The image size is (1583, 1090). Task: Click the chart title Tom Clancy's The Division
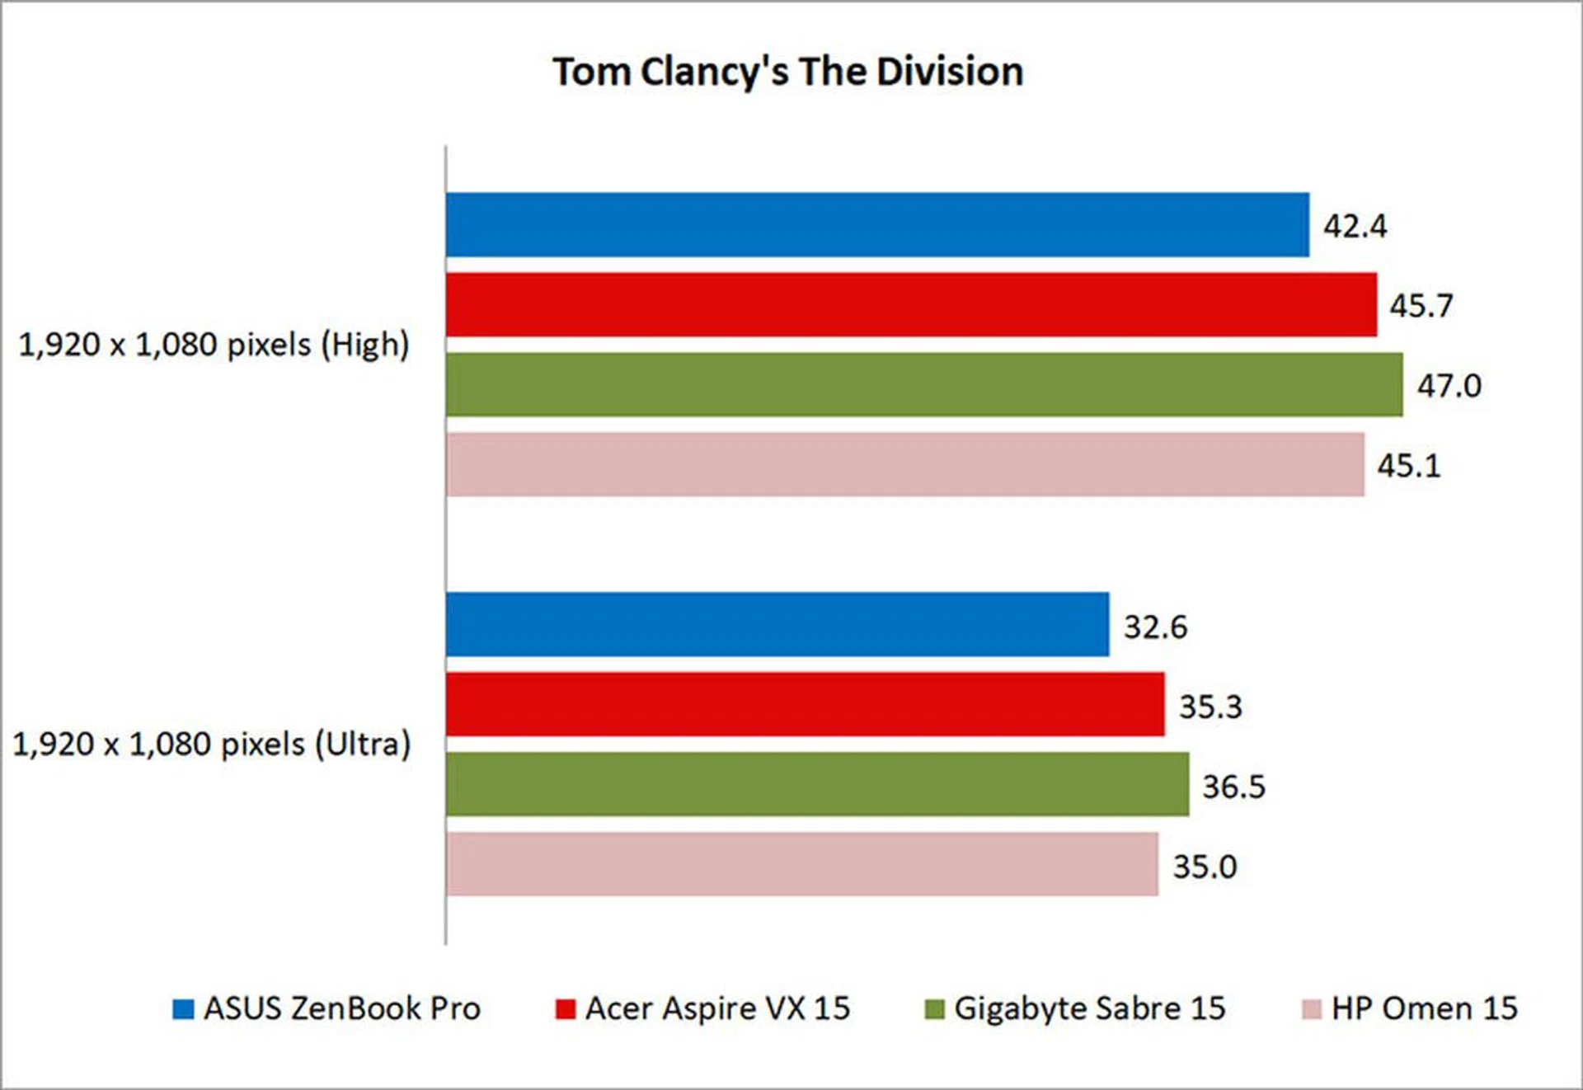[787, 72]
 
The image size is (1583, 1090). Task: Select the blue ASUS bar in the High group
[877, 225]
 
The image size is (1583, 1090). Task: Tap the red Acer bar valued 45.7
[911, 305]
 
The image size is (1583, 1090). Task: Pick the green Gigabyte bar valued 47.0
[924, 385]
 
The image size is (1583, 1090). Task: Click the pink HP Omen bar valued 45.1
[905, 465]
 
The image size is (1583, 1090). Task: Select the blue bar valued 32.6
[777, 625]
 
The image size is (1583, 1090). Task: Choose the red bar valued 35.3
[806, 705]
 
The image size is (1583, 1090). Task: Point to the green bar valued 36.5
[817, 785]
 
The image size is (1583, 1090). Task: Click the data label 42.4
[1355, 226]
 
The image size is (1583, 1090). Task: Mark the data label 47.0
[1449, 386]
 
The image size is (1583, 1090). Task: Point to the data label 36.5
[1233, 787]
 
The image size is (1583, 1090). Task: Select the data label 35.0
[1205, 867]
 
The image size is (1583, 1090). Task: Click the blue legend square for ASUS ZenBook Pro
[182, 1009]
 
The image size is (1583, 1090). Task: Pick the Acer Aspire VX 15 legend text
[717, 1008]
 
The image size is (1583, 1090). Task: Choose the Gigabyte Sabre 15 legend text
[1089, 1008]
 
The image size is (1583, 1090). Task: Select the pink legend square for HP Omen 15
[1311, 1009]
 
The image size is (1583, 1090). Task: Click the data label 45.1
[1408, 466]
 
